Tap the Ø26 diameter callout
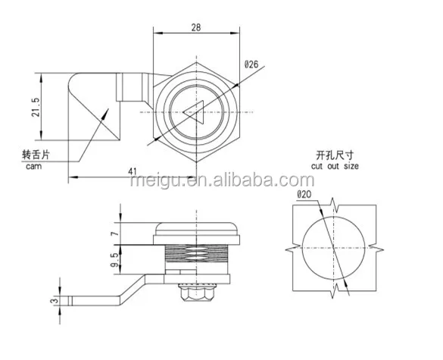click(251, 65)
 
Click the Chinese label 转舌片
click(36, 155)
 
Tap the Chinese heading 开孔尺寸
click(335, 154)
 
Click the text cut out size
click(335, 165)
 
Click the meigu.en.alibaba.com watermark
click(221, 181)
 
